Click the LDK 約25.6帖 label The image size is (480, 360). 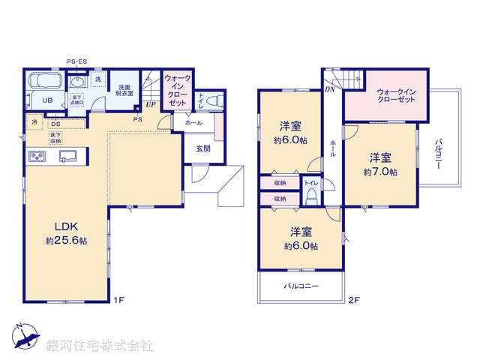[x=63, y=233]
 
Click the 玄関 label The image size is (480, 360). [x=203, y=148]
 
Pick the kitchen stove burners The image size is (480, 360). [x=37, y=156]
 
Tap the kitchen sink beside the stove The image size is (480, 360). [x=67, y=156]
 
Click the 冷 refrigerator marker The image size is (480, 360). [x=34, y=121]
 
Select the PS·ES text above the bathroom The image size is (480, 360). [x=76, y=61]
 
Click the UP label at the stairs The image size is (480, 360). [x=151, y=105]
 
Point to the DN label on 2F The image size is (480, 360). [x=330, y=89]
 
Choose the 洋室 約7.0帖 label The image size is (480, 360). [x=380, y=164]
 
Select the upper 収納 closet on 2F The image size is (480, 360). [x=280, y=182]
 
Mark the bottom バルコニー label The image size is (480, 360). [x=301, y=286]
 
